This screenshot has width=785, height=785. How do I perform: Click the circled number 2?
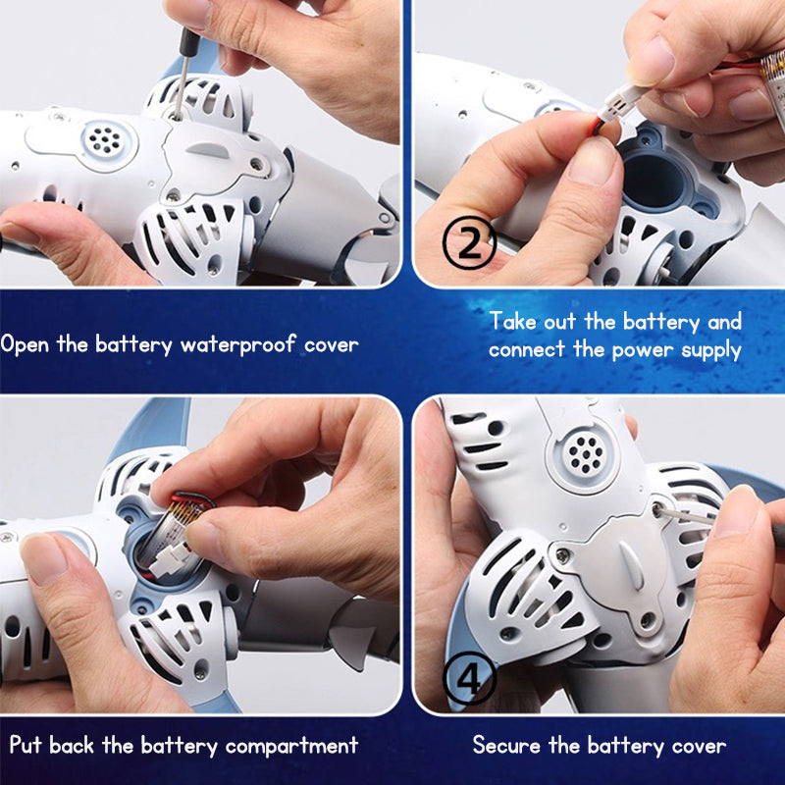(x=469, y=242)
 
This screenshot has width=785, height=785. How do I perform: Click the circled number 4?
(x=470, y=678)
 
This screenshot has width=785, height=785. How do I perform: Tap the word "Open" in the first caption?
(x=25, y=345)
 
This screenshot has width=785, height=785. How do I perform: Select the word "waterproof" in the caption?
(x=236, y=345)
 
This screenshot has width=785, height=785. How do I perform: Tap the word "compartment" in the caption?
(x=291, y=747)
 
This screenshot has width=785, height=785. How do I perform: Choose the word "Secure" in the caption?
(x=506, y=746)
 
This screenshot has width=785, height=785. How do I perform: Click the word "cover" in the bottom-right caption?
(x=700, y=747)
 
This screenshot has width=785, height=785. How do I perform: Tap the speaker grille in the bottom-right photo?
(x=584, y=453)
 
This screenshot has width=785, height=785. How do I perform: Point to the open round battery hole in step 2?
(x=654, y=183)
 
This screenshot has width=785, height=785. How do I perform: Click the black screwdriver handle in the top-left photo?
(x=188, y=43)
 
